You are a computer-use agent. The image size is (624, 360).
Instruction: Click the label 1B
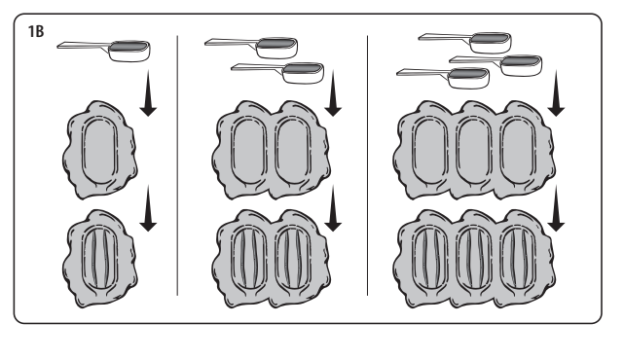point(36,31)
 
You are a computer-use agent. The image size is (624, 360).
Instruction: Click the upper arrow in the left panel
point(148,93)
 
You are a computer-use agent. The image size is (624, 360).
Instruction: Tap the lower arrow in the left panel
point(148,208)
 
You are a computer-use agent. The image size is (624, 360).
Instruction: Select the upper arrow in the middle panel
point(333,93)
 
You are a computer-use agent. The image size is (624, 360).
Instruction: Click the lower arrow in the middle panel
point(333,208)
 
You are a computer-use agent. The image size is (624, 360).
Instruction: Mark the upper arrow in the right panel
point(556,93)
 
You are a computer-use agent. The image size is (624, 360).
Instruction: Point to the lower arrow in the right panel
point(556,208)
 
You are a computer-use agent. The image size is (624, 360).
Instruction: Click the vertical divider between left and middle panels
point(177,165)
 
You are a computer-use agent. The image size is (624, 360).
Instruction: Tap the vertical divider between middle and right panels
point(367,165)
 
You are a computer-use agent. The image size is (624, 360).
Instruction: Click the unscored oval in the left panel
point(100,151)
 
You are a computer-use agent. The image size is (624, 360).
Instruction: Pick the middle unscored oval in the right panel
point(474,151)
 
